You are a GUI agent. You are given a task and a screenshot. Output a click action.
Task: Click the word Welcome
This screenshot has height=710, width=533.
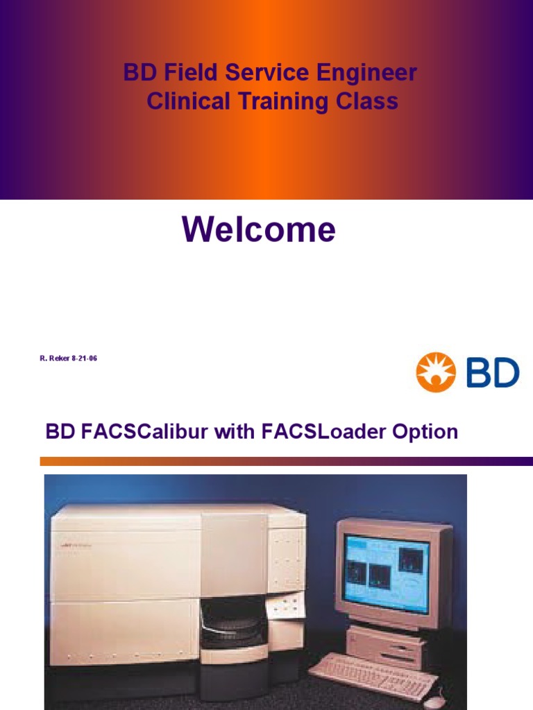tap(259, 230)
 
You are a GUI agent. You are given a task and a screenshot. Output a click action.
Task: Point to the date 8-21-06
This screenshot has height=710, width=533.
tap(84, 358)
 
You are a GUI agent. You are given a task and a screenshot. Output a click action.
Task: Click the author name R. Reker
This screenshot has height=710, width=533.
tap(54, 358)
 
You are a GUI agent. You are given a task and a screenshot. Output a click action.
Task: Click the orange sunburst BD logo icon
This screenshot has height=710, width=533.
tap(435, 372)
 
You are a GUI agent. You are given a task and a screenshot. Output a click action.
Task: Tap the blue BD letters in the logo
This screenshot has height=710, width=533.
tap(492, 373)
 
